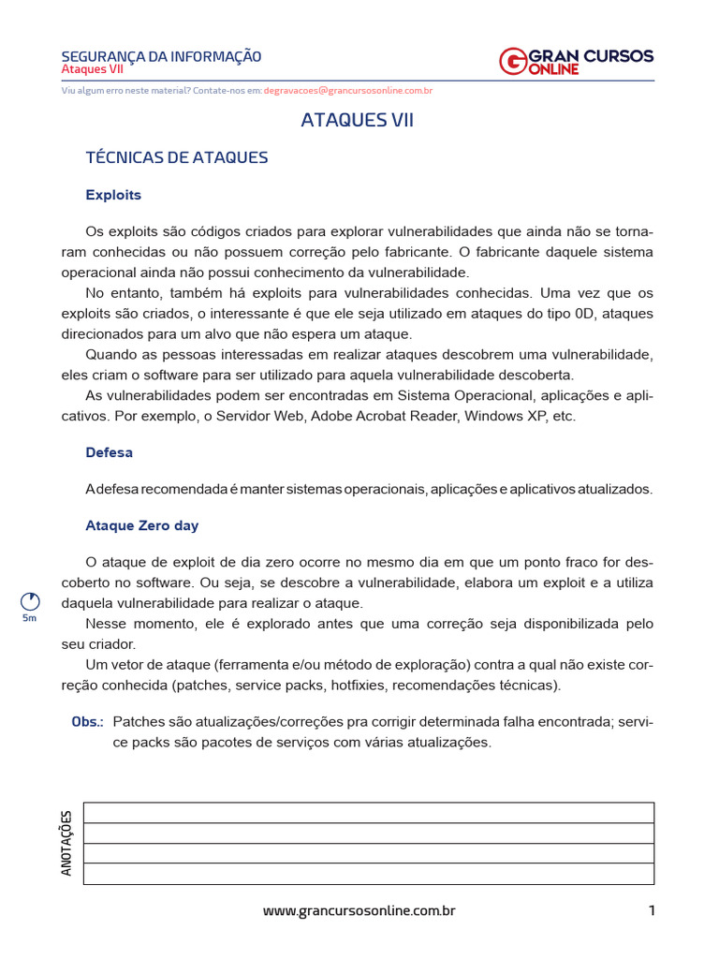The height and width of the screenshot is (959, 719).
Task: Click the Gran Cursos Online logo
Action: pos(576,61)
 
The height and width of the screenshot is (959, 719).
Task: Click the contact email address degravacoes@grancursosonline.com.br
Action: pos(348,91)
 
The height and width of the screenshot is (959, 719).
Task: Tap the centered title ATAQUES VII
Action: pos(357,120)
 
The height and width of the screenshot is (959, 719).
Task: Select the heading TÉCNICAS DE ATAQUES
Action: pos(177,157)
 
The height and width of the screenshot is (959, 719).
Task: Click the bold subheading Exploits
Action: pos(113,195)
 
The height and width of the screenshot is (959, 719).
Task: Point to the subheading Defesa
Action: pos(109,452)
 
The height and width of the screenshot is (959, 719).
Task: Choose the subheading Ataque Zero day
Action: pos(142,526)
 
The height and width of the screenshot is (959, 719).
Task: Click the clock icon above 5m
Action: pos(29,601)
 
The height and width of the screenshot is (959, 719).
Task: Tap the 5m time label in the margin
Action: pos(29,619)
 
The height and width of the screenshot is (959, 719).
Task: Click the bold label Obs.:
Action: pos(88,722)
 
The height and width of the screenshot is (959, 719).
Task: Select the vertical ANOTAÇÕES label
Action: pos(66,843)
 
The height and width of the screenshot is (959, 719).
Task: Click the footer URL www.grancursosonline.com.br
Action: pos(359,910)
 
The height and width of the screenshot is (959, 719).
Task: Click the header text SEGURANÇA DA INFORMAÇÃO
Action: pos(161,56)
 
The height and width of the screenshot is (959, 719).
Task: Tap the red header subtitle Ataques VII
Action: pos(92,70)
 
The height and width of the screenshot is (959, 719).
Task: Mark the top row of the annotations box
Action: pos(369,812)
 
